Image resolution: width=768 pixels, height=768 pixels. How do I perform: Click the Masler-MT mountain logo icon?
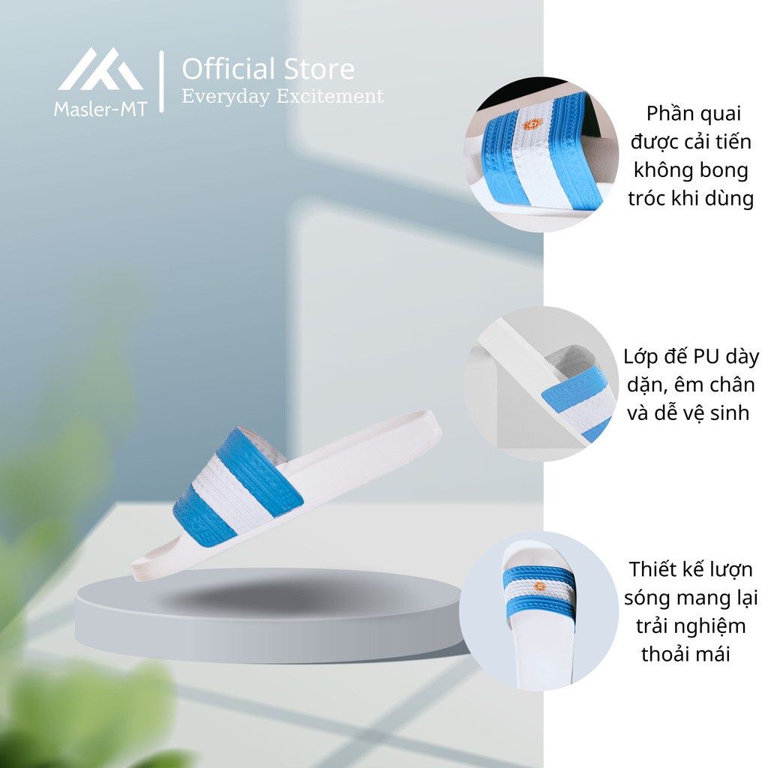pyautogui.click(x=100, y=69)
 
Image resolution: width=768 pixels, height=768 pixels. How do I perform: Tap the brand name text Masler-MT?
pyautogui.click(x=100, y=109)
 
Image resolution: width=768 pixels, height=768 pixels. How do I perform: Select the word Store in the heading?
pyautogui.click(x=319, y=69)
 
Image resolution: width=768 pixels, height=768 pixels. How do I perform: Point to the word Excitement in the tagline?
pyautogui.click(x=330, y=95)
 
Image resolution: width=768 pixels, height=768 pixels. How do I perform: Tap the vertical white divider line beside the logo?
pyautogui.click(x=162, y=81)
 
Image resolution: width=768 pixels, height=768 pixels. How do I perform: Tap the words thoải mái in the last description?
pyautogui.click(x=685, y=654)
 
